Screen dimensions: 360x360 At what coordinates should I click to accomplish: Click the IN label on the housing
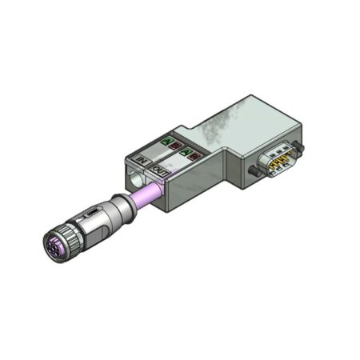145,162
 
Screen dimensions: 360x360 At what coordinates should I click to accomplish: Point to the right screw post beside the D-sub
298,147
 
